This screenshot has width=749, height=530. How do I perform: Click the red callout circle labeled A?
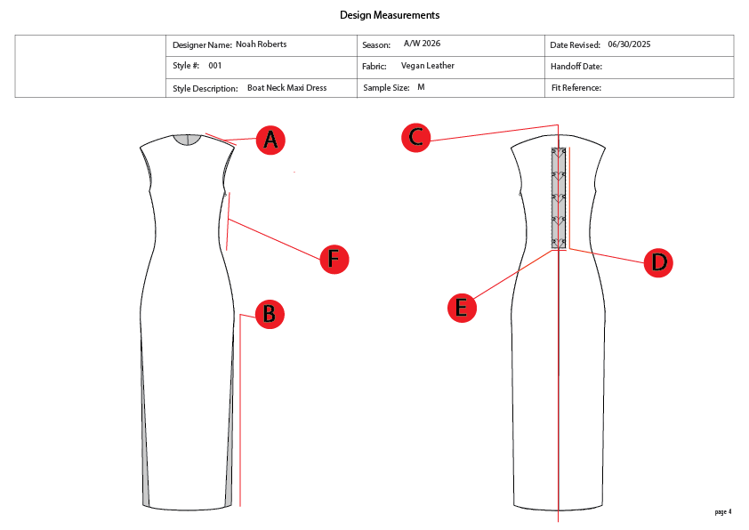point(270,140)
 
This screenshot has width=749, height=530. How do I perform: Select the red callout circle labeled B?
point(269,314)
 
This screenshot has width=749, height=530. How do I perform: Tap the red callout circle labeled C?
point(416,137)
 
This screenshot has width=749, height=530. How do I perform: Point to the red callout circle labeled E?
point(461,308)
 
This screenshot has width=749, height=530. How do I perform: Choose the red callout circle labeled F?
point(334,259)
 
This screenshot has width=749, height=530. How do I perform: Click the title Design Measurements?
point(390,15)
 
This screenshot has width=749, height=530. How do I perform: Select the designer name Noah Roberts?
point(261,44)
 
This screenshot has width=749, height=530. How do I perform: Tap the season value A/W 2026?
point(422,44)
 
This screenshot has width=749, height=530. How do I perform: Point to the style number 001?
point(215,66)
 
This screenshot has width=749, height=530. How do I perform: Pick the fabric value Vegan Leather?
point(428,66)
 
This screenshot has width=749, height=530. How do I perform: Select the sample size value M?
point(421,87)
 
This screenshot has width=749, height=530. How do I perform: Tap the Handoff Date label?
point(576,67)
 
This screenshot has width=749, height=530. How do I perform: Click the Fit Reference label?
point(576,88)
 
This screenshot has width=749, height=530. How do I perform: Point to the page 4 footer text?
point(722,511)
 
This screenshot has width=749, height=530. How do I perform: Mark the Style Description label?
point(205,88)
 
